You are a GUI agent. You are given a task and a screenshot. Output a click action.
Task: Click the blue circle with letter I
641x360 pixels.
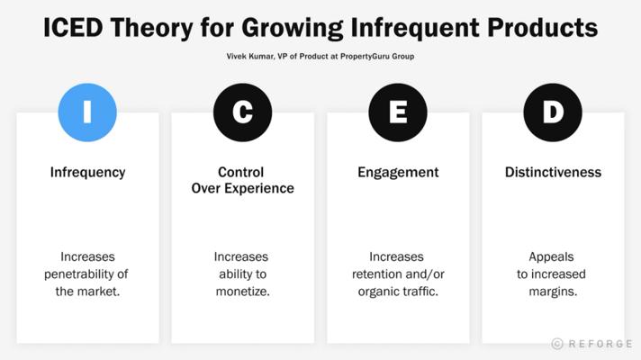(87, 112)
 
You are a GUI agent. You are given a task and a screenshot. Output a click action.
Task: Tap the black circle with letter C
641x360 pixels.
(242, 112)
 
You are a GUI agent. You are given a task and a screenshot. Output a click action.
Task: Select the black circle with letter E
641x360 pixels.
(398, 112)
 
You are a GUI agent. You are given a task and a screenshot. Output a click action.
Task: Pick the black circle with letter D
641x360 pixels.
(553, 112)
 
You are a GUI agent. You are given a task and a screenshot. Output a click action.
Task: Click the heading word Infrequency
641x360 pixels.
(88, 173)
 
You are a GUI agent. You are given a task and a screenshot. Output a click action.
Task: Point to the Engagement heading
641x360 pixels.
(398, 173)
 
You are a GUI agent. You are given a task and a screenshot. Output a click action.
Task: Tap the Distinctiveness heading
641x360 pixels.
(553, 172)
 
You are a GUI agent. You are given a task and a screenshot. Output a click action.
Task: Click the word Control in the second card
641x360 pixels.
(240, 172)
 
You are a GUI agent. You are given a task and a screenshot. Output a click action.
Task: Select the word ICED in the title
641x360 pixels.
(73, 28)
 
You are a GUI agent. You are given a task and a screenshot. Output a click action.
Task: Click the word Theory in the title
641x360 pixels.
(151, 29)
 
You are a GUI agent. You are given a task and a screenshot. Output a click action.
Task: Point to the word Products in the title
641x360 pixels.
(543, 28)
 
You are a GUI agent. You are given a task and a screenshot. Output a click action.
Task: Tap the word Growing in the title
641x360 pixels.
(292, 29)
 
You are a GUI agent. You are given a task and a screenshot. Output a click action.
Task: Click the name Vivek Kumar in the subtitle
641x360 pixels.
(250, 57)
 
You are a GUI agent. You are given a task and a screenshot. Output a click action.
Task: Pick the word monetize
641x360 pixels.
(243, 292)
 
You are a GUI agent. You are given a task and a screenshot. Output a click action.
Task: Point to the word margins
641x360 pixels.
(553, 292)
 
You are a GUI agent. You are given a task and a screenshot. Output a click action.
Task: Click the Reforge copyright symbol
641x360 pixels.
(556, 344)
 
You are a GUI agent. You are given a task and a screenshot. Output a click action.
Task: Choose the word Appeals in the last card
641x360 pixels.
(551, 257)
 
